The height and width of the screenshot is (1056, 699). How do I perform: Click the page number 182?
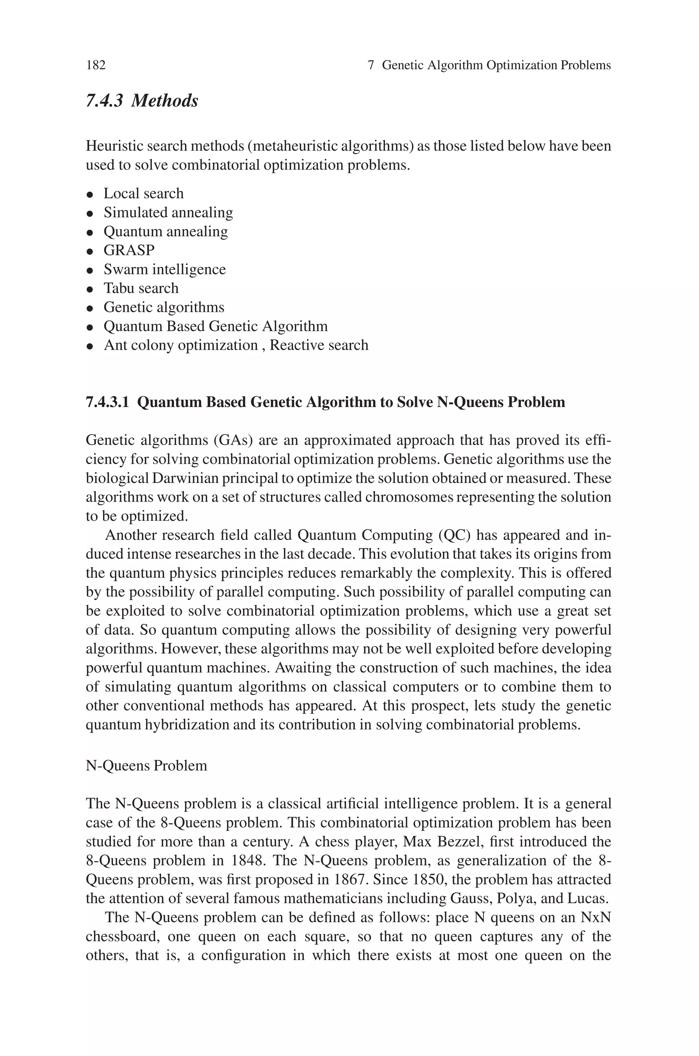[x=96, y=66]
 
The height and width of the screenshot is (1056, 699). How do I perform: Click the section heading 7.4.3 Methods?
[x=142, y=101]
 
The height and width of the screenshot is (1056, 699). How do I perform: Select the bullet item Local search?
[x=144, y=194]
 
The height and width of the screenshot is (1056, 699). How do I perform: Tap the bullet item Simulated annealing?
[x=168, y=213]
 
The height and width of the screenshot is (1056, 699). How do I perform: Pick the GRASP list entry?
[x=129, y=251]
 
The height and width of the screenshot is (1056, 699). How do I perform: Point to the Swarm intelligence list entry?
[x=165, y=269]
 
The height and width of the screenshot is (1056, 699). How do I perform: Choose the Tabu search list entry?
[x=141, y=289]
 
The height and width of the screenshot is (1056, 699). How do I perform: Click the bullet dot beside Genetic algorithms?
[x=90, y=308]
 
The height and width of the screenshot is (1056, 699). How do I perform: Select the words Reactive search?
[x=319, y=346]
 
